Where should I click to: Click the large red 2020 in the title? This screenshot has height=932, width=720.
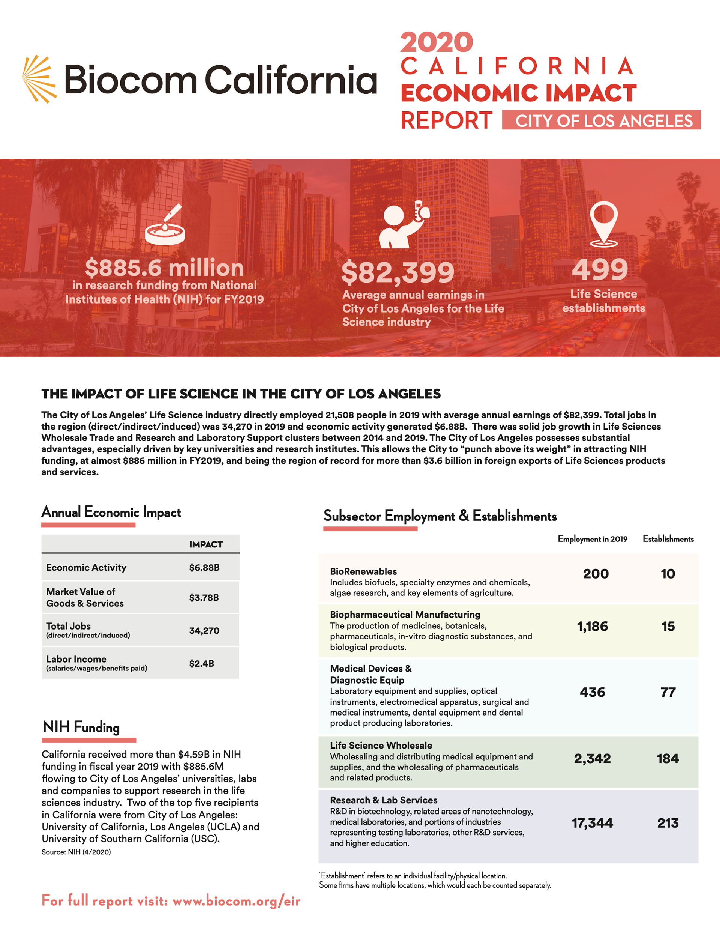[436, 42]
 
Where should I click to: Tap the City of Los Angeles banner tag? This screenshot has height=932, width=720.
[601, 120]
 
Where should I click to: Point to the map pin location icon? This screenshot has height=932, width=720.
[603, 224]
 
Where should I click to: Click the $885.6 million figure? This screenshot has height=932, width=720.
[164, 268]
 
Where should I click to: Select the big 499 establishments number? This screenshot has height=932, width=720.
[600, 269]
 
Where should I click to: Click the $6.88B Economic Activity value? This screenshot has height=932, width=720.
[204, 568]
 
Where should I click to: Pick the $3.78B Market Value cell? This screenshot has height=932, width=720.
[204, 597]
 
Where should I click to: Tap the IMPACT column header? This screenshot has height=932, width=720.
[205, 544]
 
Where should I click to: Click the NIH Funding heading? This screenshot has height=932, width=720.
[81, 727]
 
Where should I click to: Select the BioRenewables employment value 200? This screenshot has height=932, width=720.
[595, 574]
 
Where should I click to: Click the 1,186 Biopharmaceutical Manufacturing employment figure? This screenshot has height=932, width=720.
[592, 627]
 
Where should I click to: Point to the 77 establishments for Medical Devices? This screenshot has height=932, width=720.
[667, 692]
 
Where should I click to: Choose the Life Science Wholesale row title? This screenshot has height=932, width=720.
[381, 745]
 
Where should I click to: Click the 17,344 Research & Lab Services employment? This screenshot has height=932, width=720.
[592, 823]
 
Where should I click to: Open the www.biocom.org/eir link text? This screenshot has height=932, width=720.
[236, 901]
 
